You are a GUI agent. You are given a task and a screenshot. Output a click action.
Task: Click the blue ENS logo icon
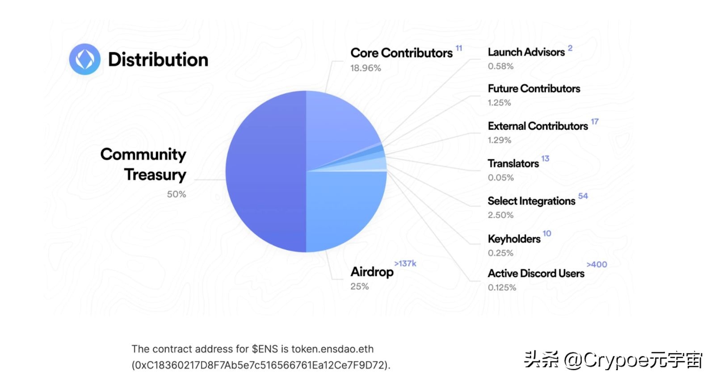coord(85,59)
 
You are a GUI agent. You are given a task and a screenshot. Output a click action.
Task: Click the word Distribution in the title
coord(158,60)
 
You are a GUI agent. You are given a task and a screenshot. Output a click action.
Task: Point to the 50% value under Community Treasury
coord(177,194)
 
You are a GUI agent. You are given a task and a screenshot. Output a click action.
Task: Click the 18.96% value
coord(366,68)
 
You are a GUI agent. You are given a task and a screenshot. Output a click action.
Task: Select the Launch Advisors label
coord(526,52)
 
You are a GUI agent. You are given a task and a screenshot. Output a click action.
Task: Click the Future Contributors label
coord(534,89)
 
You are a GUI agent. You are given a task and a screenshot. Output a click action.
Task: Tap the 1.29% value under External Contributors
coord(499,140)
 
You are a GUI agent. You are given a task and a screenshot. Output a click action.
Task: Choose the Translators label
coord(513,164)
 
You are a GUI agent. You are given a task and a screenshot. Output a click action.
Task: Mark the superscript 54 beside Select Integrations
coord(583,196)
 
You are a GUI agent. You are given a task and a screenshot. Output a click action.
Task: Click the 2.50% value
coord(500,215)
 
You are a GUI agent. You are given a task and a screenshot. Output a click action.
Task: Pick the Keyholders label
coord(514,239)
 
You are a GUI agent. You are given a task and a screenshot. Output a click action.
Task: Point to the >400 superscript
coord(597,264)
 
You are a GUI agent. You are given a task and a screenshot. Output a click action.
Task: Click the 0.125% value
coord(502,288)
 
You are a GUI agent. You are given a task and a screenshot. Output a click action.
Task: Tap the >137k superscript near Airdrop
coord(405,263)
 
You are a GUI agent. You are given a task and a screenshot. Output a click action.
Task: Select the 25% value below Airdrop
coord(359,287)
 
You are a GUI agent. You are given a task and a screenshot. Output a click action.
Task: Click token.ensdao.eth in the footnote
coord(332,349)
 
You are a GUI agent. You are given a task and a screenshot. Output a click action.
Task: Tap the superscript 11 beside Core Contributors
coord(458,48)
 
